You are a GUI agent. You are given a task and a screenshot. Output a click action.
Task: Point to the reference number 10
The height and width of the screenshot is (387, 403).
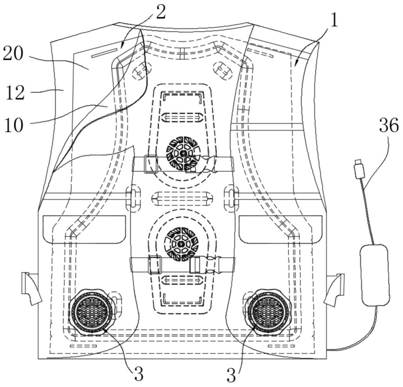click(x=14, y=125)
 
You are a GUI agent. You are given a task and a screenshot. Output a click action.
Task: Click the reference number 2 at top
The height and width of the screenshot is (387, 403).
click(x=161, y=12)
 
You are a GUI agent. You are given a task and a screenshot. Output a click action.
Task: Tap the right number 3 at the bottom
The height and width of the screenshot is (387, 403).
click(x=231, y=375)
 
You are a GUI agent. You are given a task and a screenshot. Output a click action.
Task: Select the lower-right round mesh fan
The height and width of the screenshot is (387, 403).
click(x=268, y=312)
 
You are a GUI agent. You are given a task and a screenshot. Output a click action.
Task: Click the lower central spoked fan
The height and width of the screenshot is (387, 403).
click(x=182, y=243)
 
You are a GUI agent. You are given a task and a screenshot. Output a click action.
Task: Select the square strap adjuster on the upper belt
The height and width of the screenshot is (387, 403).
click(x=151, y=164)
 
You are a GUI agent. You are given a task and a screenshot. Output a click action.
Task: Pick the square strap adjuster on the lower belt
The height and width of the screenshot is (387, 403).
click(x=155, y=265)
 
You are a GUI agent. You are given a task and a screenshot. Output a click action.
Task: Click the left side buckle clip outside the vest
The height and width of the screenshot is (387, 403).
click(x=31, y=288)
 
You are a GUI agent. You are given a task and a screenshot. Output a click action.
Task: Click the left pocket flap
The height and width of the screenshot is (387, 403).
click(x=84, y=229)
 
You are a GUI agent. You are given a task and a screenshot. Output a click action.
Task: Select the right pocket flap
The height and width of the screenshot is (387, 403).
click(x=280, y=229)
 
